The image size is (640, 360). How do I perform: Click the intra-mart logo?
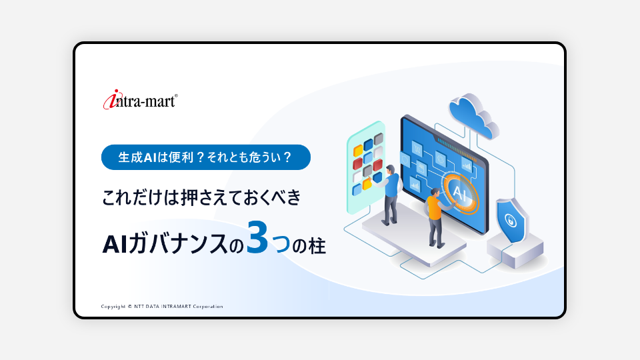140,99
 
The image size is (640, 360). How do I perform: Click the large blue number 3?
257,237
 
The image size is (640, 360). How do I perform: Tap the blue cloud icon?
473,115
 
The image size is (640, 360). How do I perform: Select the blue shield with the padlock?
512,221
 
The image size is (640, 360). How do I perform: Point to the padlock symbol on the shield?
510,221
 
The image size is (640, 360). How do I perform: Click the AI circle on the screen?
460,193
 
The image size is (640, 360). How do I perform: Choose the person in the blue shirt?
391,194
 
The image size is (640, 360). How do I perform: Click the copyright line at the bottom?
162,307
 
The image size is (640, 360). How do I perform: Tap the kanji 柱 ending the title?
317,246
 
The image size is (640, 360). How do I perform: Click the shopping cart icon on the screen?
417,148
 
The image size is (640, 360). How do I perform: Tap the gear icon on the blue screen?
441,158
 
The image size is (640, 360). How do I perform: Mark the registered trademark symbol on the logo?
176,96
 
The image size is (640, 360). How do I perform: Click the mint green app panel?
366,167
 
